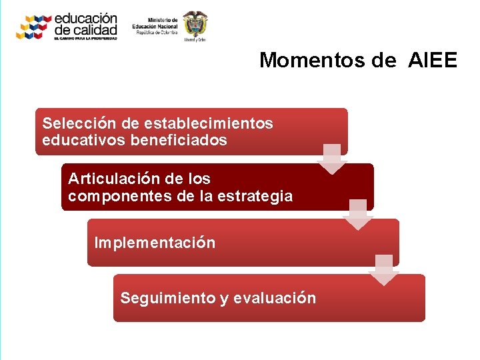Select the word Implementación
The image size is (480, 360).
coord(155,243)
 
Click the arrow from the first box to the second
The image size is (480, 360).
coord(332,159)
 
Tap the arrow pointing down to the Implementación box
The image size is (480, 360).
coord(358,214)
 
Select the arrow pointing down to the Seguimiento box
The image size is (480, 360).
coord(384,269)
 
